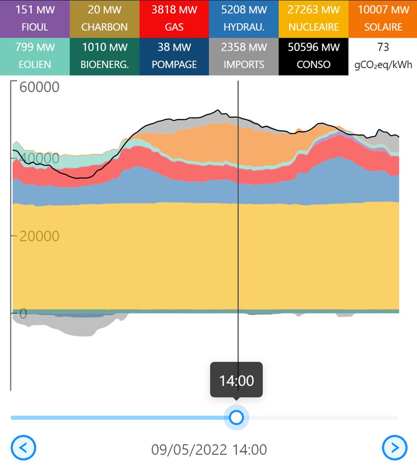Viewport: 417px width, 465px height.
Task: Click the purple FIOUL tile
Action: point(35,18)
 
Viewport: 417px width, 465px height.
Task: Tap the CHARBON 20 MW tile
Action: point(104,18)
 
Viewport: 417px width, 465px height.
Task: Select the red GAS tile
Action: point(174,18)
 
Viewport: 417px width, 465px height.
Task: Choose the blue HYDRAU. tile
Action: point(244,18)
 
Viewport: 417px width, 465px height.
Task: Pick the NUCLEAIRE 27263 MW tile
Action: point(313,18)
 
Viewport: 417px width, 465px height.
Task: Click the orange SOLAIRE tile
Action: point(383,18)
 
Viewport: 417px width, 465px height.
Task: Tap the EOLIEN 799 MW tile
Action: point(35,56)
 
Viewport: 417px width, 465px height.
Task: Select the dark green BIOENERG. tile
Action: point(104,56)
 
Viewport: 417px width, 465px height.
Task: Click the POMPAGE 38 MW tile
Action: point(174,56)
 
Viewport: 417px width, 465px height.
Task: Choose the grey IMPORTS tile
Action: point(244,56)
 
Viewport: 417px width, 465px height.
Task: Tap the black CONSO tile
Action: point(313,56)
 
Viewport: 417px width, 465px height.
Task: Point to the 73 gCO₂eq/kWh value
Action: point(383,56)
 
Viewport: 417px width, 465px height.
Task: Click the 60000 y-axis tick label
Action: point(39,87)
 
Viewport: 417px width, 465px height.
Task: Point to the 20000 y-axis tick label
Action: point(39,236)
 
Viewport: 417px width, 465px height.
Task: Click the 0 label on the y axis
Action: point(23,314)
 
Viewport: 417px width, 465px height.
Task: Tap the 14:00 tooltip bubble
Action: point(236,381)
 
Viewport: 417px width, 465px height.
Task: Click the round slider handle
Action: point(236,418)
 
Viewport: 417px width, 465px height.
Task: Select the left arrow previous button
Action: point(23,448)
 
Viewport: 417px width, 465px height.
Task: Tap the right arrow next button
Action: point(395,448)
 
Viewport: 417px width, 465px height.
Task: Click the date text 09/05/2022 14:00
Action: point(209,449)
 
